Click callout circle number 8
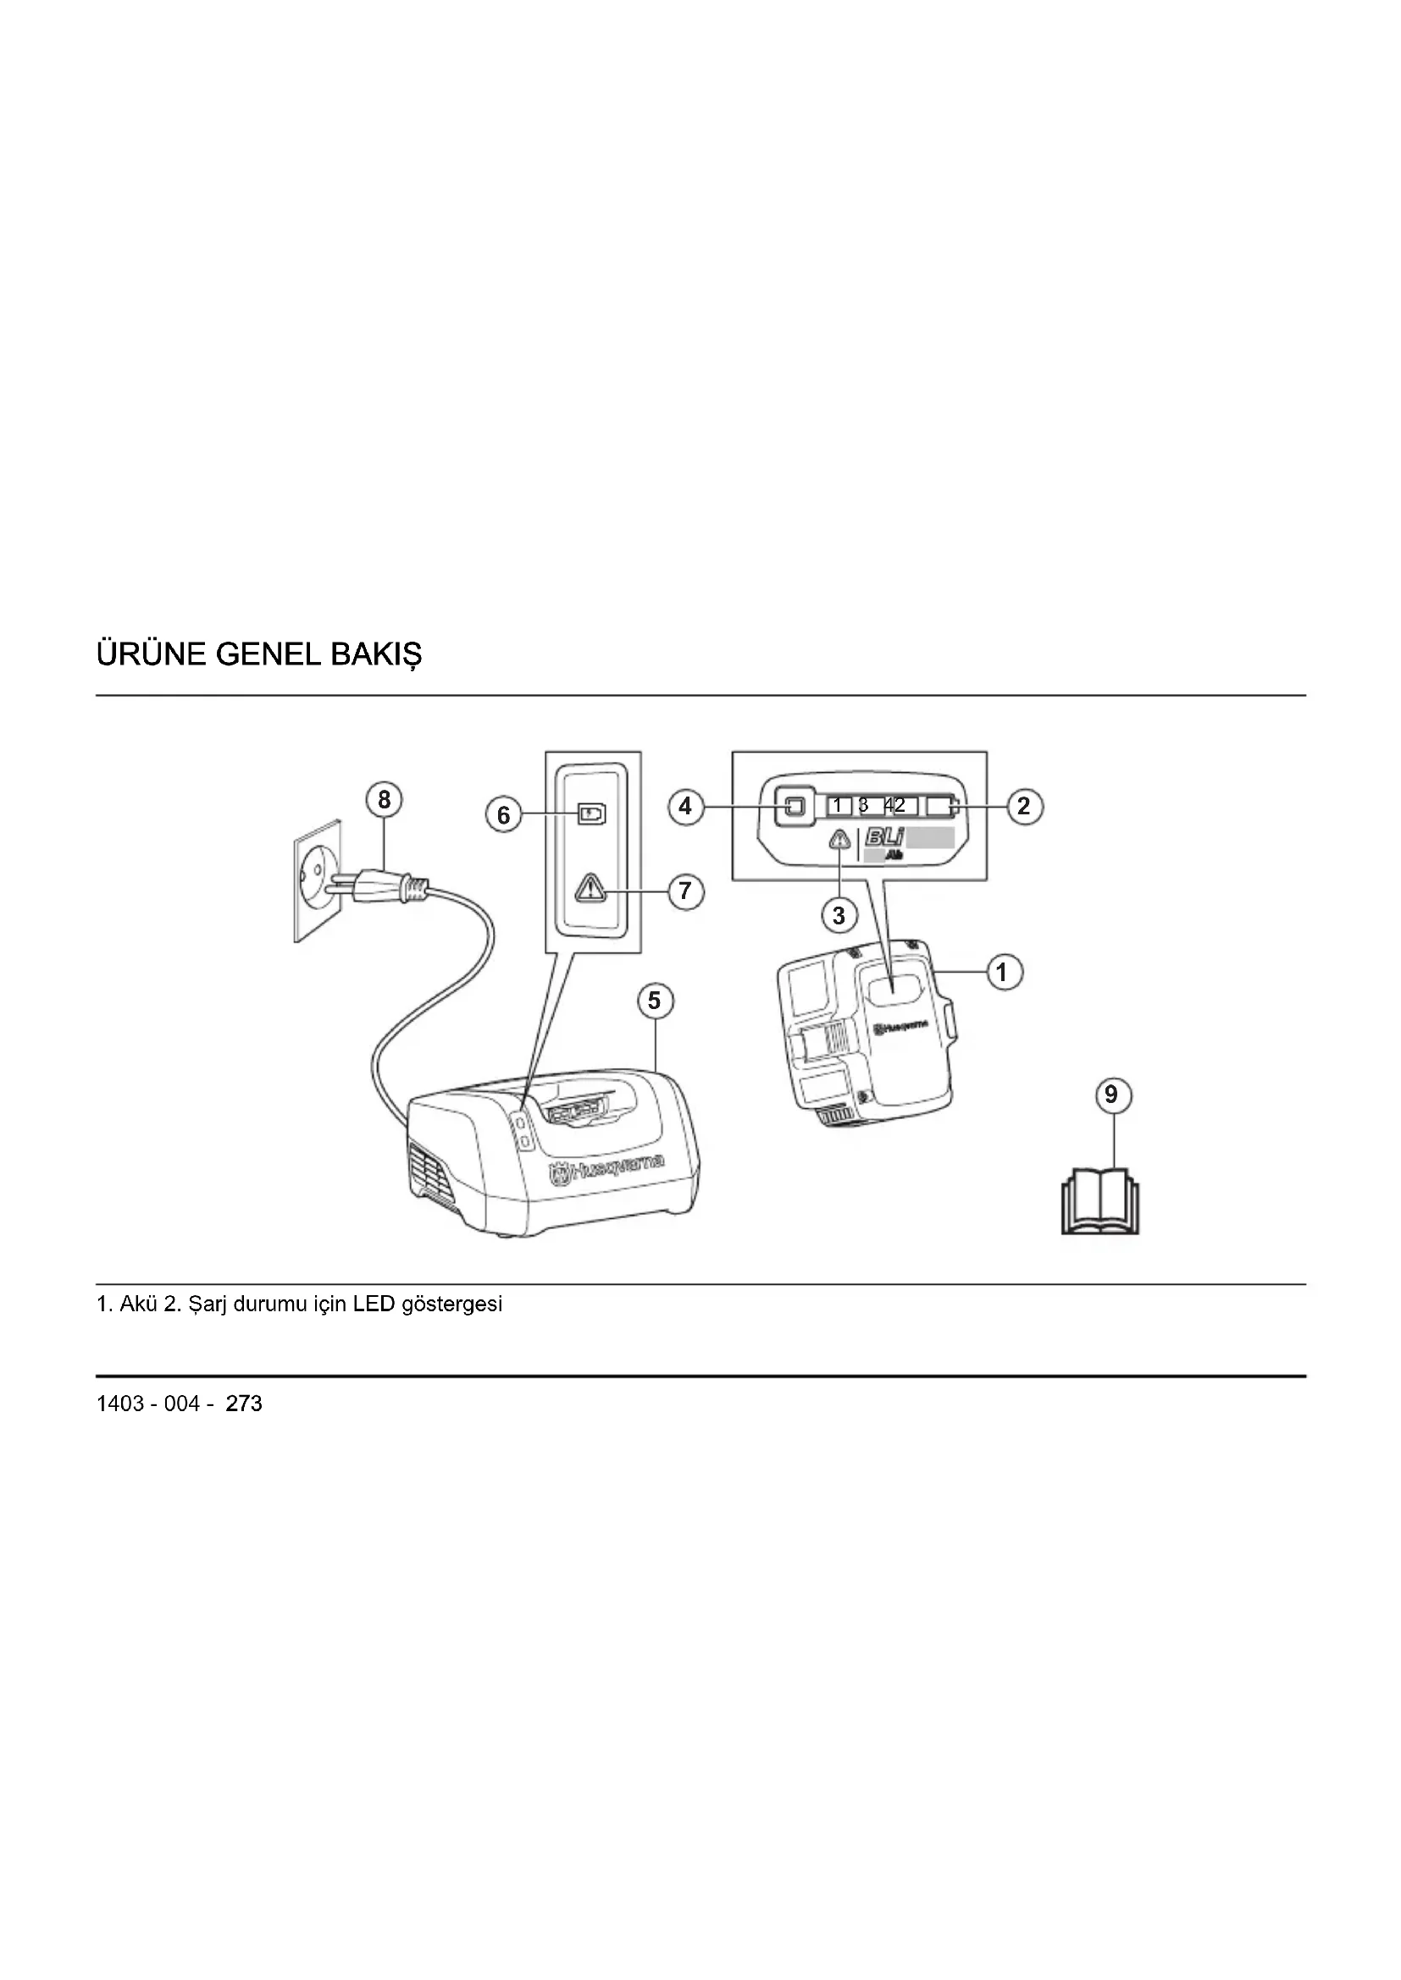(x=384, y=800)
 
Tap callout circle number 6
(x=504, y=815)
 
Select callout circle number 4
(x=686, y=807)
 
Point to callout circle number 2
(x=1024, y=807)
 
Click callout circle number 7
(x=686, y=890)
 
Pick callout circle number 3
(x=839, y=914)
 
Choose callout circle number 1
(x=1002, y=973)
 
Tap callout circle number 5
(x=655, y=1001)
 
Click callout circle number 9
(x=1111, y=1095)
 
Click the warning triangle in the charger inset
(x=592, y=887)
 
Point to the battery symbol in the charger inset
(x=592, y=814)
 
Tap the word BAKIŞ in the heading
(x=376, y=655)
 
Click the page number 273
(x=244, y=1404)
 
